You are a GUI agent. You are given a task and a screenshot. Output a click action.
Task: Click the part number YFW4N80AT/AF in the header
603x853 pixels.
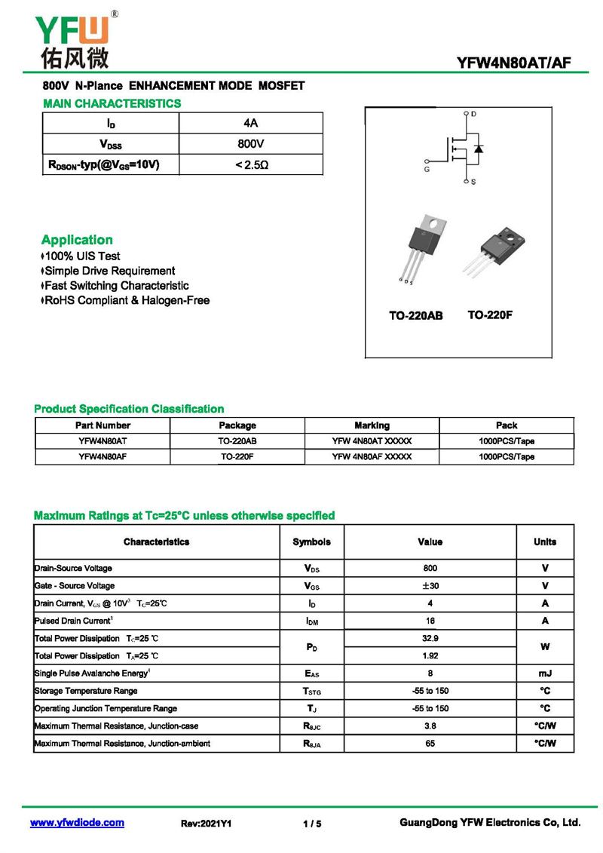coord(513,63)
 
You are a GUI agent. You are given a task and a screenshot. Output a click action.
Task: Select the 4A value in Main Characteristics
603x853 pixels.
coord(251,123)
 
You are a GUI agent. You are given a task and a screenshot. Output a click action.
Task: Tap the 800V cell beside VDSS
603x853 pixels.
coord(251,143)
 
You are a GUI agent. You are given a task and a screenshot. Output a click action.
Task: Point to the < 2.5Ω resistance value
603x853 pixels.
coord(251,164)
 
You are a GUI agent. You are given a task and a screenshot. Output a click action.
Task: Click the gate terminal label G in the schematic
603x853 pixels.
coord(427,170)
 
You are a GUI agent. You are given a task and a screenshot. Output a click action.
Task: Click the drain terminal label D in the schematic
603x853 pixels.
coord(473,114)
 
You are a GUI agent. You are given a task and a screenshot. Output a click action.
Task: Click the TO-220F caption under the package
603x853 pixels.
coord(490,315)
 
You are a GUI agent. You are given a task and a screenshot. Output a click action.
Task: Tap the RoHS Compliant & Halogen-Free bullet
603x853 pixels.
coord(127,301)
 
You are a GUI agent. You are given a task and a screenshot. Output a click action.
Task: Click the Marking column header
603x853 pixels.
coord(372,425)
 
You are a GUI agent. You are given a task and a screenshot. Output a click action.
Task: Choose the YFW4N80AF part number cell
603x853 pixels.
coord(103,457)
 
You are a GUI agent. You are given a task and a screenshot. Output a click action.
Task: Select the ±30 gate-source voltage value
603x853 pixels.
coord(430,586)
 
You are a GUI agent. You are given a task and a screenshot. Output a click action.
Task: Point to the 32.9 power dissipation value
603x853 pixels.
coord(430,638)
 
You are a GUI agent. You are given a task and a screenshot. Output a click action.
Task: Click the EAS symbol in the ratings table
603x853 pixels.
coord(311,674)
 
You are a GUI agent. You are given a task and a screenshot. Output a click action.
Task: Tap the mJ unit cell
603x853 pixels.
coord(544,674)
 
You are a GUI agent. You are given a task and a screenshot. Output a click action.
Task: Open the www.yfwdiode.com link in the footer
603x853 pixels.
coord(77,823)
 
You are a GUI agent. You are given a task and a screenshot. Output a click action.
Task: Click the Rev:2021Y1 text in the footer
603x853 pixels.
coord(206,824)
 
